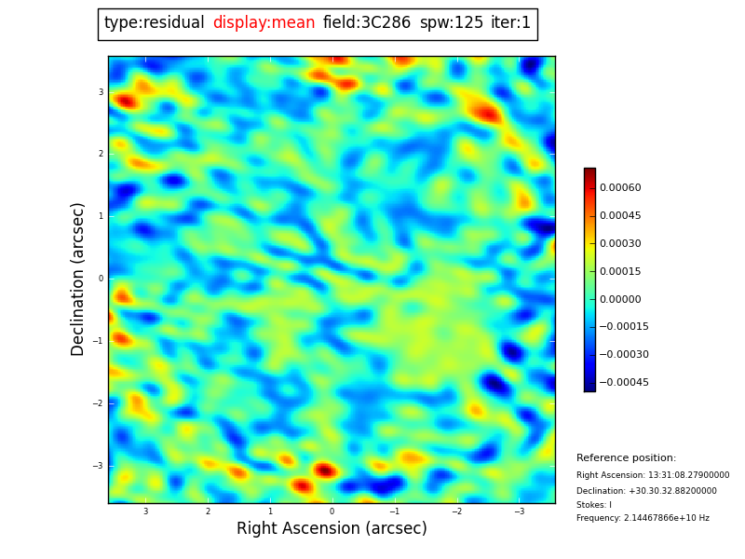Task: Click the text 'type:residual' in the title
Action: pos(154,23)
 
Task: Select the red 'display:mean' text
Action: pos(264,23)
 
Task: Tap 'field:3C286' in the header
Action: pos(367,23)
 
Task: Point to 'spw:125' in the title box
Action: pos(452,23)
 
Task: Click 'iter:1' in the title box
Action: pos(511,23)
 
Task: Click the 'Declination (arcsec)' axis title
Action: pos(78,279)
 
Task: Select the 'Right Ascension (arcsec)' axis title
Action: pos(332,529)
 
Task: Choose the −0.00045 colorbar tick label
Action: pos(624,383)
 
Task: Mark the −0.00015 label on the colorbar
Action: pos(624,327)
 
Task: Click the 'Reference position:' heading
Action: pos(626,458)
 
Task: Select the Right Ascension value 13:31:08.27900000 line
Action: pos(653,475)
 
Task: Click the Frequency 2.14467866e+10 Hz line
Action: pos(643,518)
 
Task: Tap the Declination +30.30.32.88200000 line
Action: pos(646,491)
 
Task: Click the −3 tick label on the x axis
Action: pos(519,511)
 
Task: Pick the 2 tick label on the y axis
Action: pos(101,154)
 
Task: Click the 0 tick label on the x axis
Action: pos(332,511)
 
